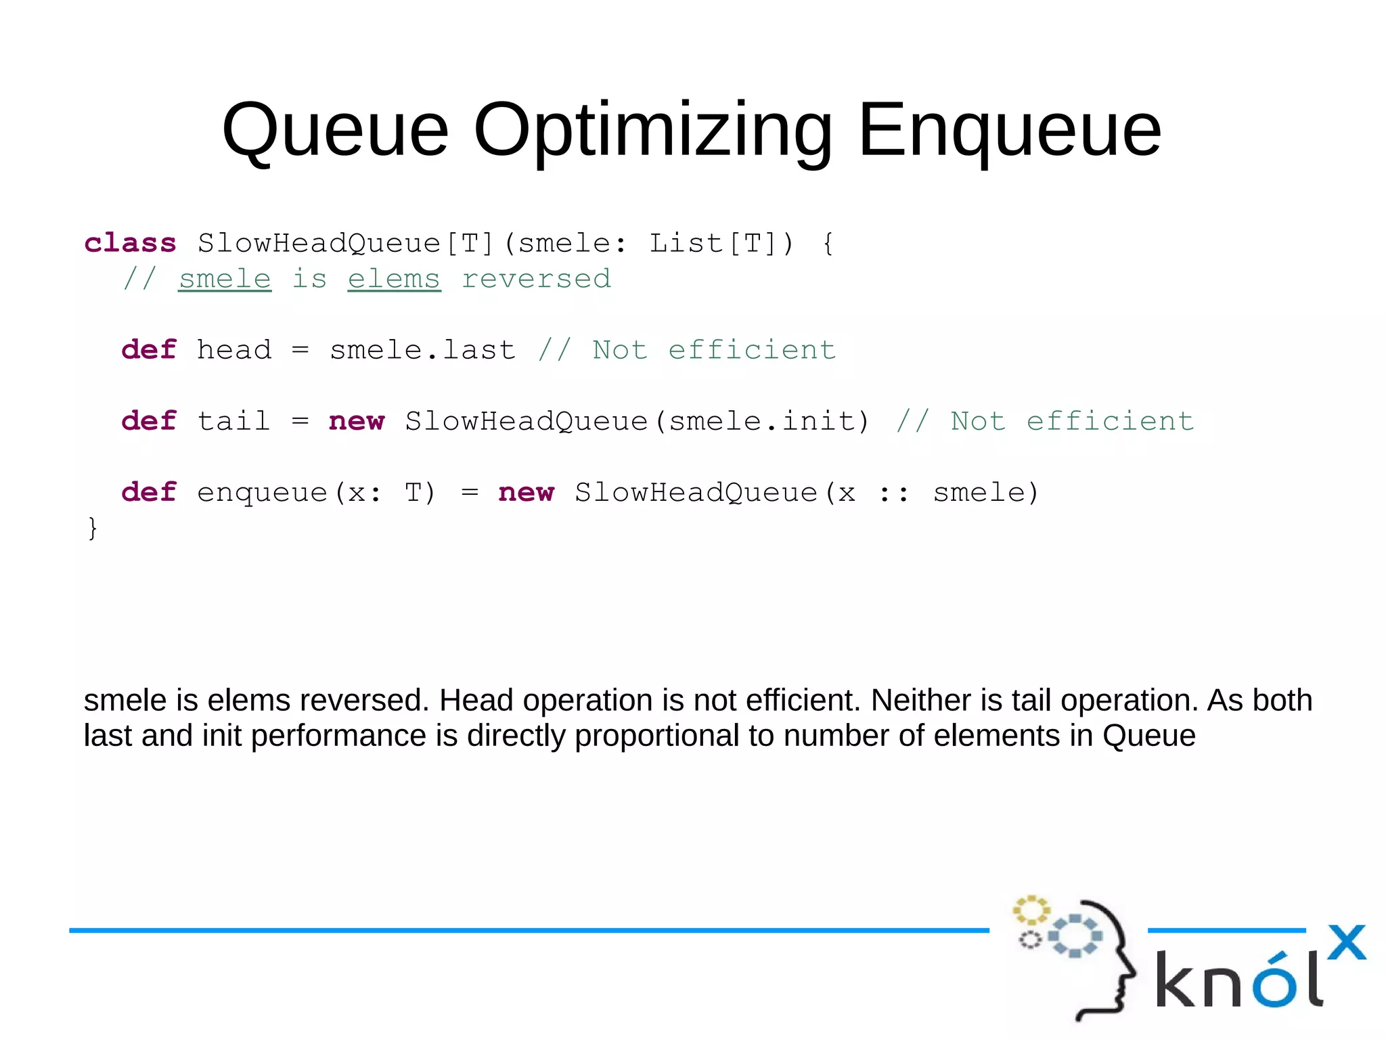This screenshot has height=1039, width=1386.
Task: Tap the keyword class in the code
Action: click(x=130, y=243)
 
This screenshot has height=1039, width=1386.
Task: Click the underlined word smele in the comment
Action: click(x=225, y=279)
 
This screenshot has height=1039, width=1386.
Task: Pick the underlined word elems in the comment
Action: click(x=394, y=279)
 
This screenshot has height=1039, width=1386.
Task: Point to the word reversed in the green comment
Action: click(x=536, y=279)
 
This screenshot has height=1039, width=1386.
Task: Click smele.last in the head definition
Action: click(x=422, y=350)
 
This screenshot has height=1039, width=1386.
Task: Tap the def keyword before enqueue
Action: click(x=149, y=492)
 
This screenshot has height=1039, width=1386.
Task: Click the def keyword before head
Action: click(x=149, y=350)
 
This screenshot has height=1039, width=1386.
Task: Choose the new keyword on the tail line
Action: click(x=357, y=421)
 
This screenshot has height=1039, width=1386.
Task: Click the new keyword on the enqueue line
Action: click(x=526, y=492)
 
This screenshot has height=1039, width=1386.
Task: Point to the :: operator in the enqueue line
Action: click(x=893, y=493)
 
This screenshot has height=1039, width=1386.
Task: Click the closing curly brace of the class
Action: click(x=93, y=528)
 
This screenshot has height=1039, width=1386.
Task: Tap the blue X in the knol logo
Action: click(x=1346, y=942)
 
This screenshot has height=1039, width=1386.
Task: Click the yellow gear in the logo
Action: click(x=1031, y=910)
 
